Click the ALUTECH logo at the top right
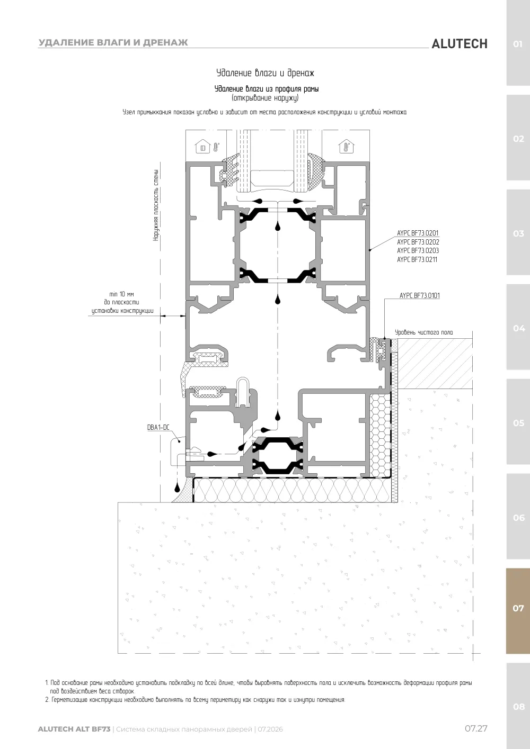460,44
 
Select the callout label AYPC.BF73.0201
418,233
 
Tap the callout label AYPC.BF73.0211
417,259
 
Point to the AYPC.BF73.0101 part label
420,295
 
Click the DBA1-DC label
158,427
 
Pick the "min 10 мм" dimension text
121,294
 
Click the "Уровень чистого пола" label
424,332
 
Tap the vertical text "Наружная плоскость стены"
156,205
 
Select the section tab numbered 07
518,608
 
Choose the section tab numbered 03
518,233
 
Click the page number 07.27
476,728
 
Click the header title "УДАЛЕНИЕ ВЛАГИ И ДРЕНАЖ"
113,42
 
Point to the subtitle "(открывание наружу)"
265,98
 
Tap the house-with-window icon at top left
203,148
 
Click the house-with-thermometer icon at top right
346,147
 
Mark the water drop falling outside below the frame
177,488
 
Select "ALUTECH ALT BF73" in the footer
74,729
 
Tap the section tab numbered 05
518,422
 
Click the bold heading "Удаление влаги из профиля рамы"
267,89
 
